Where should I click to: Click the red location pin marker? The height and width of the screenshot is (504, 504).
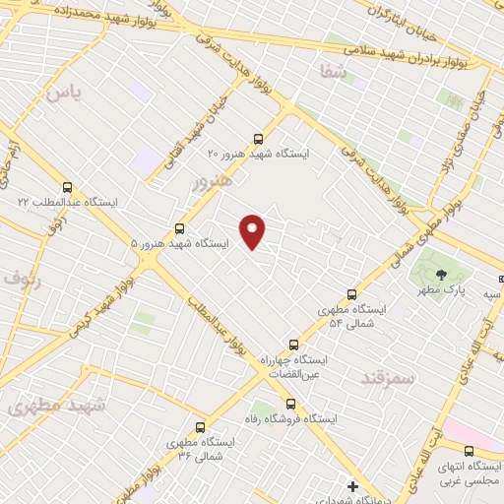tap(253, 230)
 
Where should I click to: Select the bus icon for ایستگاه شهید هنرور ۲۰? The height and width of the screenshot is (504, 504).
tap(258, 139)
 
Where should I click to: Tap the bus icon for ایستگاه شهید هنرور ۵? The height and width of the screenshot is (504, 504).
tap(178, 227)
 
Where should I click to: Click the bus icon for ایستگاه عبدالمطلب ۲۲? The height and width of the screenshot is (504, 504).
tap(67, 187)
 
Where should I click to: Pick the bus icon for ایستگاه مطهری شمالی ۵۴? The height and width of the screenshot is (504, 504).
tap(352, 293)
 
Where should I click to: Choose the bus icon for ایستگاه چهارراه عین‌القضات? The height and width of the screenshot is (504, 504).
tap(292, 345)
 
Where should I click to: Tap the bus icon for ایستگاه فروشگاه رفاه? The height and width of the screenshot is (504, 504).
tap(290, 403)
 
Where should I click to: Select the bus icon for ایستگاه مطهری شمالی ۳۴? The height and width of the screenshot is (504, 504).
tap(201, 427)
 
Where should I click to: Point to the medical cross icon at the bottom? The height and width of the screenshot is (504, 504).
tap(352, 486)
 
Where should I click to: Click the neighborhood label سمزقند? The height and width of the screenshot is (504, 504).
tap(391, 377)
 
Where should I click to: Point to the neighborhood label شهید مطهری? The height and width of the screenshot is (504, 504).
tap(48, 405)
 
